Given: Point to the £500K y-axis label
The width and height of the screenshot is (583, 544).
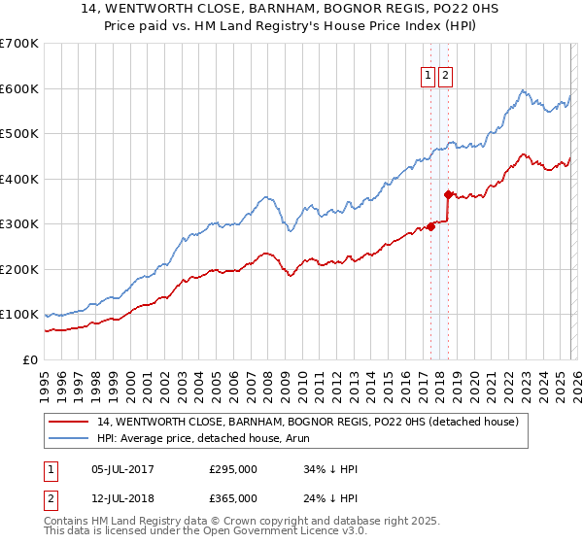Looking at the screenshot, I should (x=19, y=134).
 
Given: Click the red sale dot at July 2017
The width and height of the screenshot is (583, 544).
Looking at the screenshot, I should (x=430, y=227).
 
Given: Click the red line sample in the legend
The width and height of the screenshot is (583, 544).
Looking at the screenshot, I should (x=69, y=422).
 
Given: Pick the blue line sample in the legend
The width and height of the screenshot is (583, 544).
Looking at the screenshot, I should (x=69, y=438).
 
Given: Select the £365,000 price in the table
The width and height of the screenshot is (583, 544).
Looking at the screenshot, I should (x=233, y=498).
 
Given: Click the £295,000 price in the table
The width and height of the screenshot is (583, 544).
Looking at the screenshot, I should (x=233, y=469).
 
